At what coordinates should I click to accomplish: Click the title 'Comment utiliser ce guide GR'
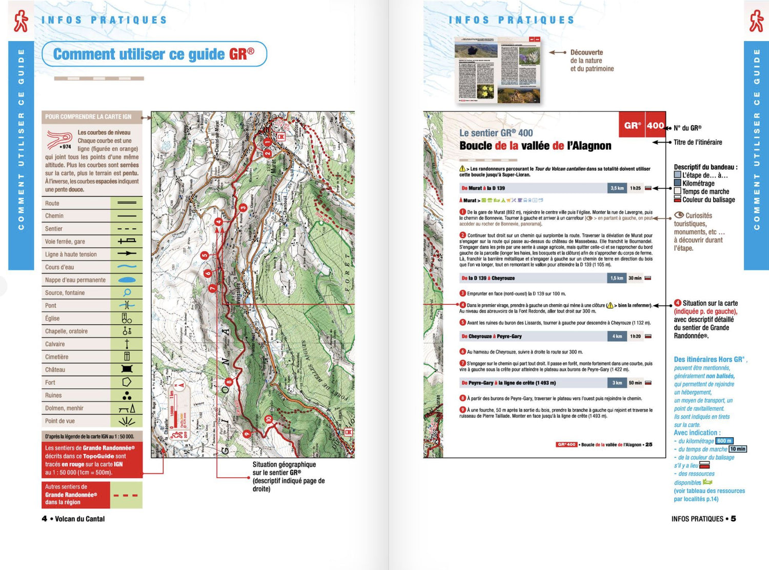click(153, 54)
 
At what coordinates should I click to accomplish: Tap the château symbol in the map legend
click(127, 369)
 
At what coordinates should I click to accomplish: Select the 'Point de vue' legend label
click(60, 421)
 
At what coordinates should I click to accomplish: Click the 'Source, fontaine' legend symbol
click(127, 292)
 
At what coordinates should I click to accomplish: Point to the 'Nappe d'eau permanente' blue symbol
click(127, 280)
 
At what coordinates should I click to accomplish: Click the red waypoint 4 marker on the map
click(219, 222)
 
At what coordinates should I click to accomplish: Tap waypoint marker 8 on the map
click(229, 382)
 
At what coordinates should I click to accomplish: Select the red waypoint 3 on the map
click(243, 208)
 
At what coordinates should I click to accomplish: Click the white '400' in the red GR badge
click(655, 126)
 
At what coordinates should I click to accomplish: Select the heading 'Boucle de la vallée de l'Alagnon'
click(535, 146)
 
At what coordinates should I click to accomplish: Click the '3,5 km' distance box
click(617, 188)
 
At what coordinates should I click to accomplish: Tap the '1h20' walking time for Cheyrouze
click(635, 337)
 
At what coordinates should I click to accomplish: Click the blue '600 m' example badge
click(724, 441)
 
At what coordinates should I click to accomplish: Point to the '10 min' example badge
click(738, 449)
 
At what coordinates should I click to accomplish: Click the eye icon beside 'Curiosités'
click(679, 215)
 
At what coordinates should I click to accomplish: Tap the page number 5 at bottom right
click(734, 519)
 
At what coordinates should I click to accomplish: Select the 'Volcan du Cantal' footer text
click(79, 519)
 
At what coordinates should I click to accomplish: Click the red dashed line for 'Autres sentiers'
click(126, 495)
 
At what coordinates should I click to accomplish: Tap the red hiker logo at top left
click(21, 21)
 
